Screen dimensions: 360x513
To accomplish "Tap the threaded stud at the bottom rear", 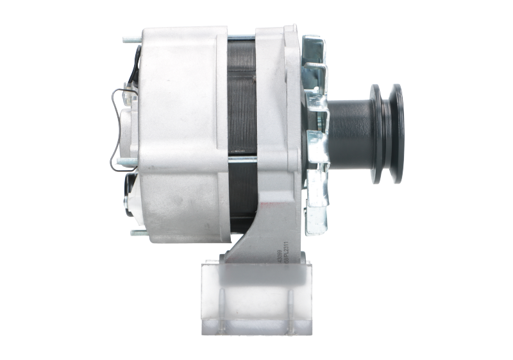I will click(x=135, y=232).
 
